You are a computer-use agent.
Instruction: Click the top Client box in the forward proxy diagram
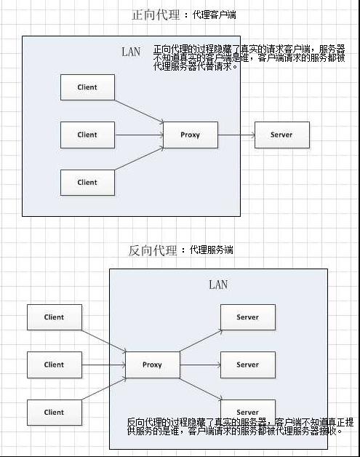click(87, 87)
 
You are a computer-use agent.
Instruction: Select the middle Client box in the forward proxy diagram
click(87, 135)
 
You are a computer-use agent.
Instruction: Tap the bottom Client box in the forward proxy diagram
click(87, 182)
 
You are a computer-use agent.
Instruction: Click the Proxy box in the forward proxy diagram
click(190, 135)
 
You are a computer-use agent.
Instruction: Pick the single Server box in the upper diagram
click(282, 135)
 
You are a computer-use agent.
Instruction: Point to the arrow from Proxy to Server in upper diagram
click(236, 135)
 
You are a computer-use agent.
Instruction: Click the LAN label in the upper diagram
click(131, 52)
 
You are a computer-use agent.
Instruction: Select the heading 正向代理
click(155, 15)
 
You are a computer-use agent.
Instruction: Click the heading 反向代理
click(152, 250)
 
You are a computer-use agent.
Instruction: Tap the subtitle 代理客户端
click(215, 15)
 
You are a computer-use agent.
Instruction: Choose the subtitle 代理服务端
click(212, 250)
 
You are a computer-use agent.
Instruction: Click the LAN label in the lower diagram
click(218, 285)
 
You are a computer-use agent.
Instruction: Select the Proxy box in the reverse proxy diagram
click(152, 365)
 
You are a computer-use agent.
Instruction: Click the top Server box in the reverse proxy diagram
click(247, 317)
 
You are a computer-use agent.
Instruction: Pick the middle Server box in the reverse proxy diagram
click(247, 365)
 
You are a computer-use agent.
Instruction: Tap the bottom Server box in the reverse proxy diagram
click(247, 410)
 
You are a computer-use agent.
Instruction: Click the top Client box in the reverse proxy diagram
click(54, 317)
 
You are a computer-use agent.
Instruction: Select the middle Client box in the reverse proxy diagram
click(54, 365)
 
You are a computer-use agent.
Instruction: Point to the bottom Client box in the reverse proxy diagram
click(54, 412)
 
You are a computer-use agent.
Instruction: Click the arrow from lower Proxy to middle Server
click(199, 365)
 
